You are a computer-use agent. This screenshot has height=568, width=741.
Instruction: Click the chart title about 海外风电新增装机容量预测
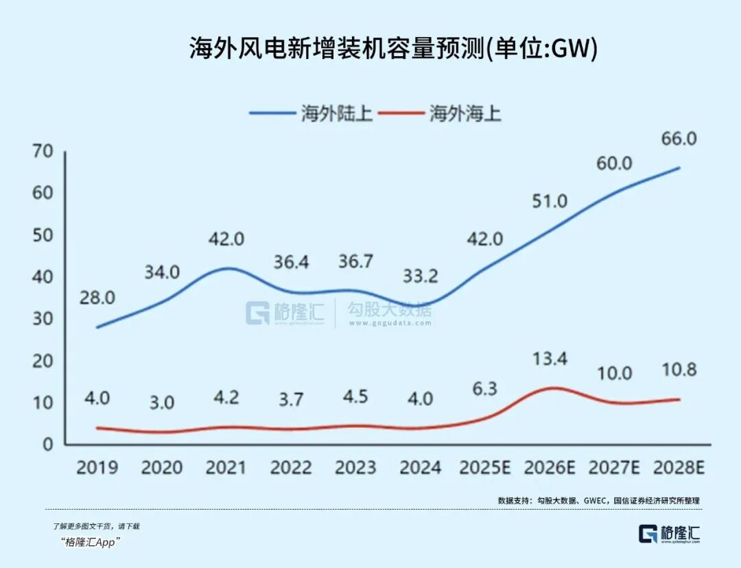click(x=393, y=49)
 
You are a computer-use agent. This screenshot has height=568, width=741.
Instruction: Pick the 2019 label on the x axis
click(x=97, y=468)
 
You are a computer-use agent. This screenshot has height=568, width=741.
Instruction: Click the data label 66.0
click(x=679, y=139)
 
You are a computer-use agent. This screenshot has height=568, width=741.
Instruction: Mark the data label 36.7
click(x=355, y=263)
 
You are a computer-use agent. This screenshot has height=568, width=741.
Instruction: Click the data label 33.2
click(x=419, y=278)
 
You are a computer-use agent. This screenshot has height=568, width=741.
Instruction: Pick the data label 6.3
click(x=484, y=388)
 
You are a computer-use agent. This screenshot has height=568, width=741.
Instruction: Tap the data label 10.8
click(x=679, y=370)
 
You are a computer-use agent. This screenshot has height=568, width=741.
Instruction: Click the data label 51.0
click(x=550, y=201)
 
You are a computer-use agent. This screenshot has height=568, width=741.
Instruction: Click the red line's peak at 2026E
click(x=551, y=388)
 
